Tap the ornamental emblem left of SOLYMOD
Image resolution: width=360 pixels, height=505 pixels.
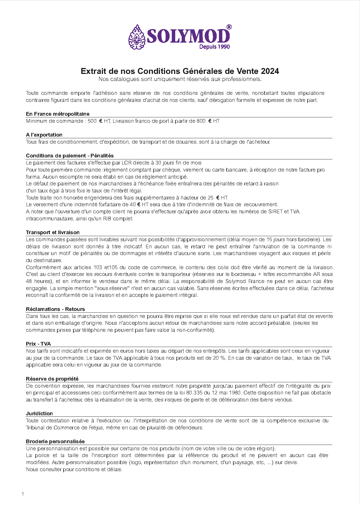coord(137,37)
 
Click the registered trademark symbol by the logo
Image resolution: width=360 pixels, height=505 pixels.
coord(229,27)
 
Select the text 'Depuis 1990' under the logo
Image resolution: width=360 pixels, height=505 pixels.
coord(214,47)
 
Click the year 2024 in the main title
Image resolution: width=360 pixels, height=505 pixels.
coord(270,71)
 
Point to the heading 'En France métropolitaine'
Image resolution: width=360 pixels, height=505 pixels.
coord(58,114)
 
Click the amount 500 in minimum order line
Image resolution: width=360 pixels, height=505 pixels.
coord(92,121)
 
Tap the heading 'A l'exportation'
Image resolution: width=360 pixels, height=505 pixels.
coord(44,135)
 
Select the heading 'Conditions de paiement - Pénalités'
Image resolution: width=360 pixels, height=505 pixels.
coord(70,156)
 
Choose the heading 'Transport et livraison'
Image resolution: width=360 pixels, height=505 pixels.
coord(53,232)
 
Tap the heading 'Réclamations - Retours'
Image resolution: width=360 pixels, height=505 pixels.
coord(55,309)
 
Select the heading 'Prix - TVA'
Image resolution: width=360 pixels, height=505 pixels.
coord(38,344)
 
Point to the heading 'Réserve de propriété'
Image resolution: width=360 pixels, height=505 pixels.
coord(52,379)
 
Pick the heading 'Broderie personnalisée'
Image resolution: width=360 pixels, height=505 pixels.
coord(55,442)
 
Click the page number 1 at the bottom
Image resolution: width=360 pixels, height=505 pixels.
coord(23,494)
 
